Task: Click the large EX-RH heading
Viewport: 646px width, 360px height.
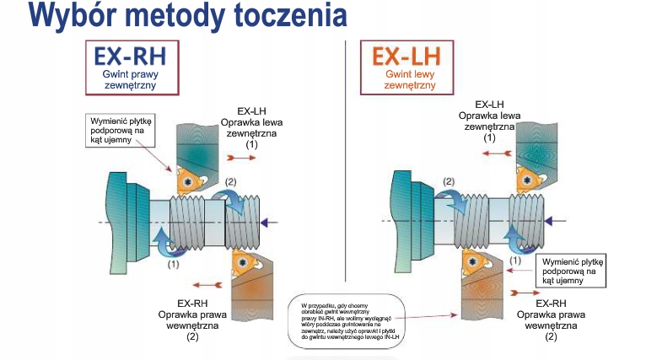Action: [130, 56]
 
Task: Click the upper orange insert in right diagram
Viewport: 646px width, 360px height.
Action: [525, 178]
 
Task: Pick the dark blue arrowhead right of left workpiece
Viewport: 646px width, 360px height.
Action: [267, 222]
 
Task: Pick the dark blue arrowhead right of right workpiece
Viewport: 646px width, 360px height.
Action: [549, 222]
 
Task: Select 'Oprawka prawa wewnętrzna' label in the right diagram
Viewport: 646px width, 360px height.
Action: [544, 313]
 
